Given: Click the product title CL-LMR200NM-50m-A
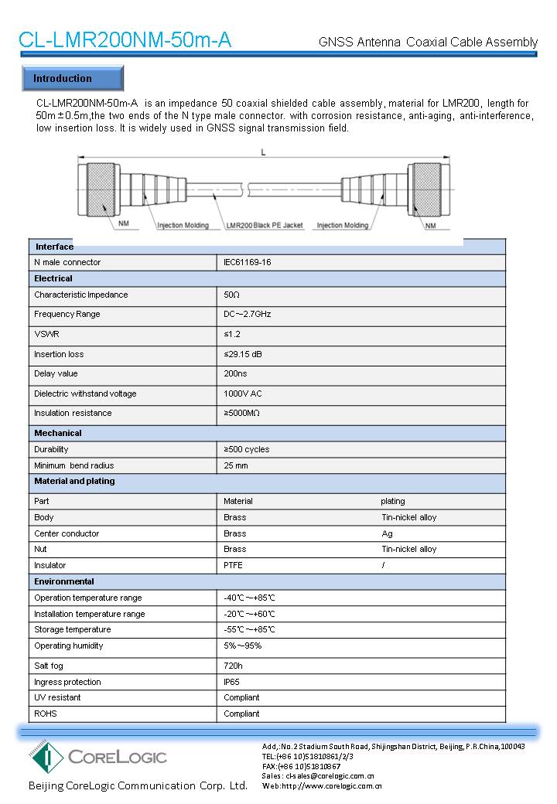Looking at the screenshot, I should point(125,40).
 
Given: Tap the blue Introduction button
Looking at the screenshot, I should point(70,79).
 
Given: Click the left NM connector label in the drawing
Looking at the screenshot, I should point(124,225).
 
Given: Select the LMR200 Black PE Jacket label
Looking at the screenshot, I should point(264,225).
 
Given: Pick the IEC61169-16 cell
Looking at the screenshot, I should point(247,262).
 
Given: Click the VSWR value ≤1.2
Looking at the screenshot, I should point(232,334).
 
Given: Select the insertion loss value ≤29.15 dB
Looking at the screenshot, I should point(243,354).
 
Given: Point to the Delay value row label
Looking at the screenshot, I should point(56,373).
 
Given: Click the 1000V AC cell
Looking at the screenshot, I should point(242,393).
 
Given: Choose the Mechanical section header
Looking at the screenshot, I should point(57,433).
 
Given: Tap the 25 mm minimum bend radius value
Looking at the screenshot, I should point(235,465).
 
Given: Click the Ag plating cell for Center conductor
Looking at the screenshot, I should point(387,533).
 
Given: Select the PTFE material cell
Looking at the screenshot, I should point(233,565).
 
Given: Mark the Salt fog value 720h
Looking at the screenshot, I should point(233,666).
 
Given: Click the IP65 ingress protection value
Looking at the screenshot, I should point(232,682).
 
